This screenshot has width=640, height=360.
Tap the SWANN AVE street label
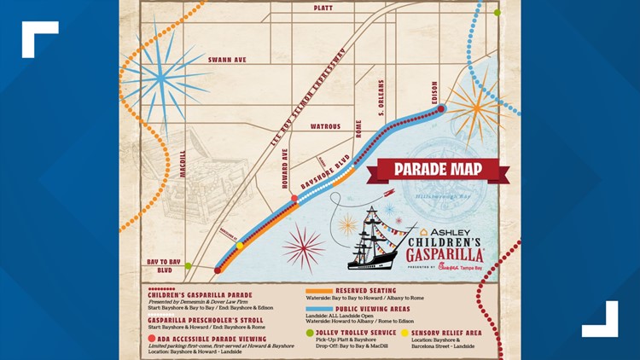click(228, 61)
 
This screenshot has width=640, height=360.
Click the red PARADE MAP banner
click(439, 170)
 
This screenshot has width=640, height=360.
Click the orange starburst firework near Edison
click(472, 109)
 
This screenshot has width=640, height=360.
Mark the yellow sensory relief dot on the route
click(240, 246)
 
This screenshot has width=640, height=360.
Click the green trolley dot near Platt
click(497, 13)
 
